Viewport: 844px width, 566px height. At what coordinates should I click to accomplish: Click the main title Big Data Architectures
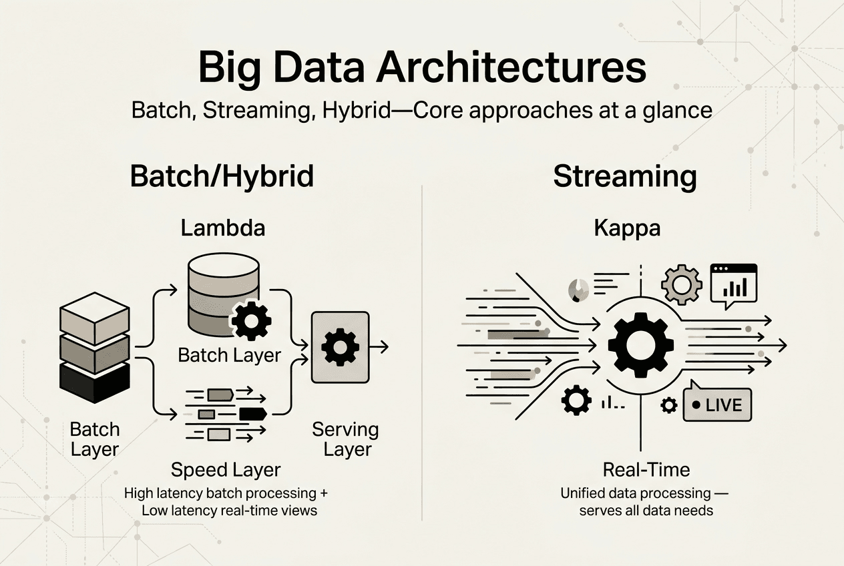click(x=422, y=69)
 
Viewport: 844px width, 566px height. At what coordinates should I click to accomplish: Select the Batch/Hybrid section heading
click(x=222, y=177)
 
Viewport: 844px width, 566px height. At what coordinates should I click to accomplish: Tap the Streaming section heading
click(x=625, y=177)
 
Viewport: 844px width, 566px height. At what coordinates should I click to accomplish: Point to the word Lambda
click(x=222, y=228)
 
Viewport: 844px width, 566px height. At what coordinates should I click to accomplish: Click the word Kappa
click(x=626, y=228)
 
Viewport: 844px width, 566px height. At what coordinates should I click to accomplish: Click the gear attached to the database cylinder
click(x=250, y=321)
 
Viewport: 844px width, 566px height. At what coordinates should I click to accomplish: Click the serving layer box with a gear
click(x=340, y=347)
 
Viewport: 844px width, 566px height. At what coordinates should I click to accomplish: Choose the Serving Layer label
click(x=345, y=439)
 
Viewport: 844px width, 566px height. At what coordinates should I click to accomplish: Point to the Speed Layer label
click(x=226, y=469)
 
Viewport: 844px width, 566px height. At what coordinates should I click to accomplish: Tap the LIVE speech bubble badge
click(x=717, y=404)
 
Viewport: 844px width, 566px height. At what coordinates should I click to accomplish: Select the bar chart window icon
click(x=734, y=284)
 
